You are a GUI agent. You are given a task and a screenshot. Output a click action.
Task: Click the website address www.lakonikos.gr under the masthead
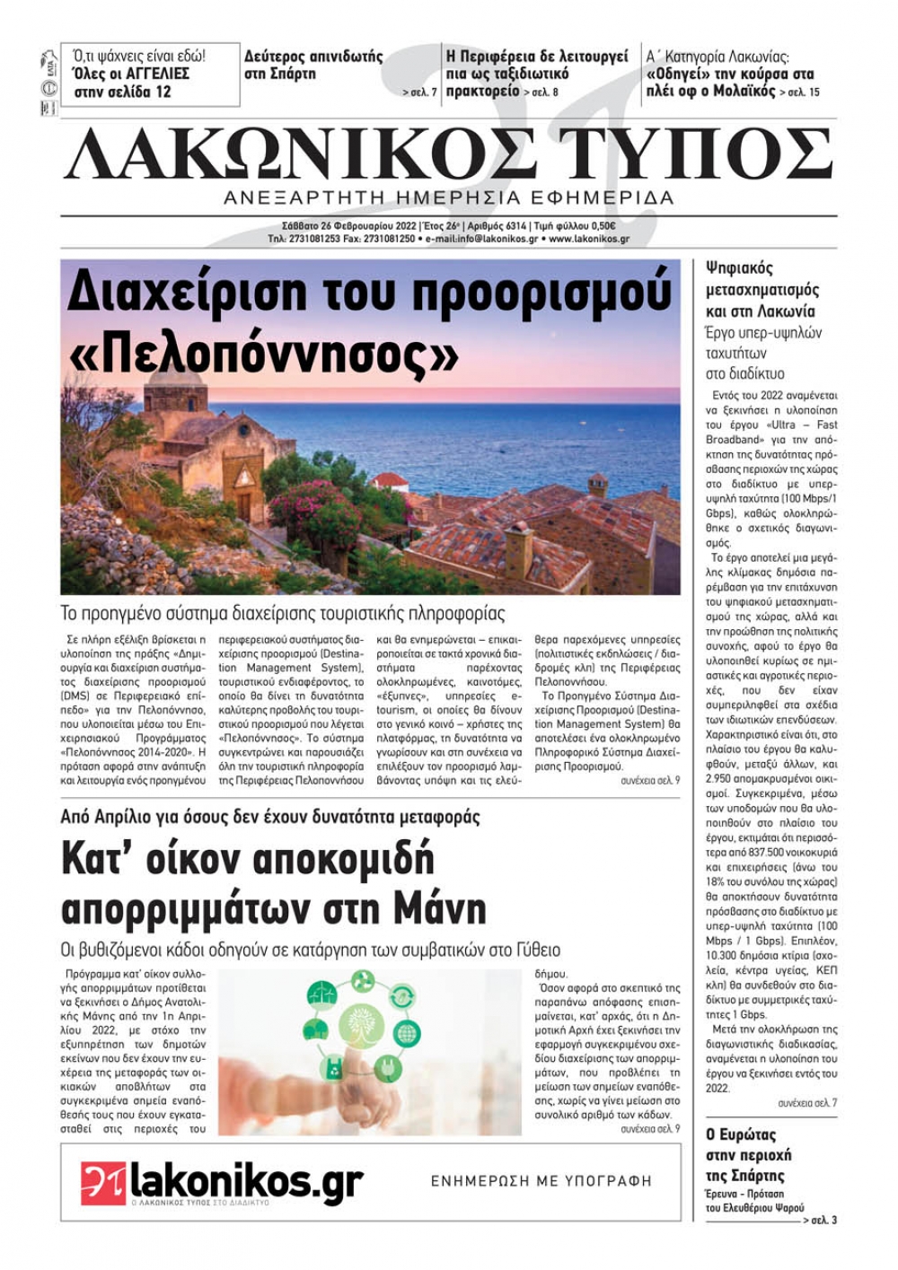click(589, 240)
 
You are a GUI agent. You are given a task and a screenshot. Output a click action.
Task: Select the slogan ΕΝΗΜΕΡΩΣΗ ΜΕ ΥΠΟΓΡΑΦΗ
click(541, 1181)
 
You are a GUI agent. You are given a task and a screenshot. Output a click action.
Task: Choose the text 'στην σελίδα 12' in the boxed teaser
click(122, 92)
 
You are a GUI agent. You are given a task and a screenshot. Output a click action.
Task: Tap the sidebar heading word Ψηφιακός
click(739, 267)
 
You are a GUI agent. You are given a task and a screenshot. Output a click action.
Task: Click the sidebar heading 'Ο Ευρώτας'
click(741, 1134)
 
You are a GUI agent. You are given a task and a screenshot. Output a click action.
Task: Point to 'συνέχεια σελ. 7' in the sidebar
click(807, 1103)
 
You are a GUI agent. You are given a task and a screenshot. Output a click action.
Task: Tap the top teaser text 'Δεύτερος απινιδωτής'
click(313, 57)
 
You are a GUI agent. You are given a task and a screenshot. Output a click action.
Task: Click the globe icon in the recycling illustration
click(407, 1033)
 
